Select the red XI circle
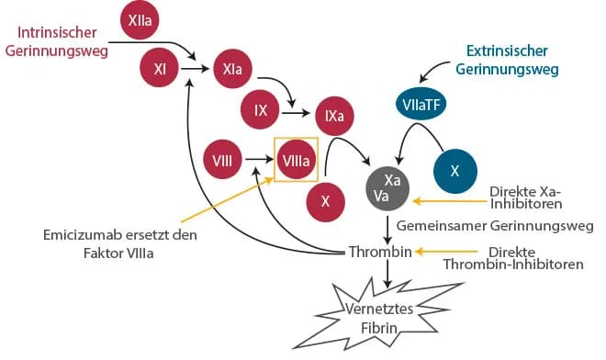pos(160,68)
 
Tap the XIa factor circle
pos(231,68)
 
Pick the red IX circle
pos(261,112)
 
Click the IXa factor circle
pos(334,118)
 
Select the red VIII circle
pos(221,162)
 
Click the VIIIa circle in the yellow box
pos(296,162)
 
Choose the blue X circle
pos(454,170)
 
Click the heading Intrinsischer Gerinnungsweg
pos(55,42)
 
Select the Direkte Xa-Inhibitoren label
pos(526,197)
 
